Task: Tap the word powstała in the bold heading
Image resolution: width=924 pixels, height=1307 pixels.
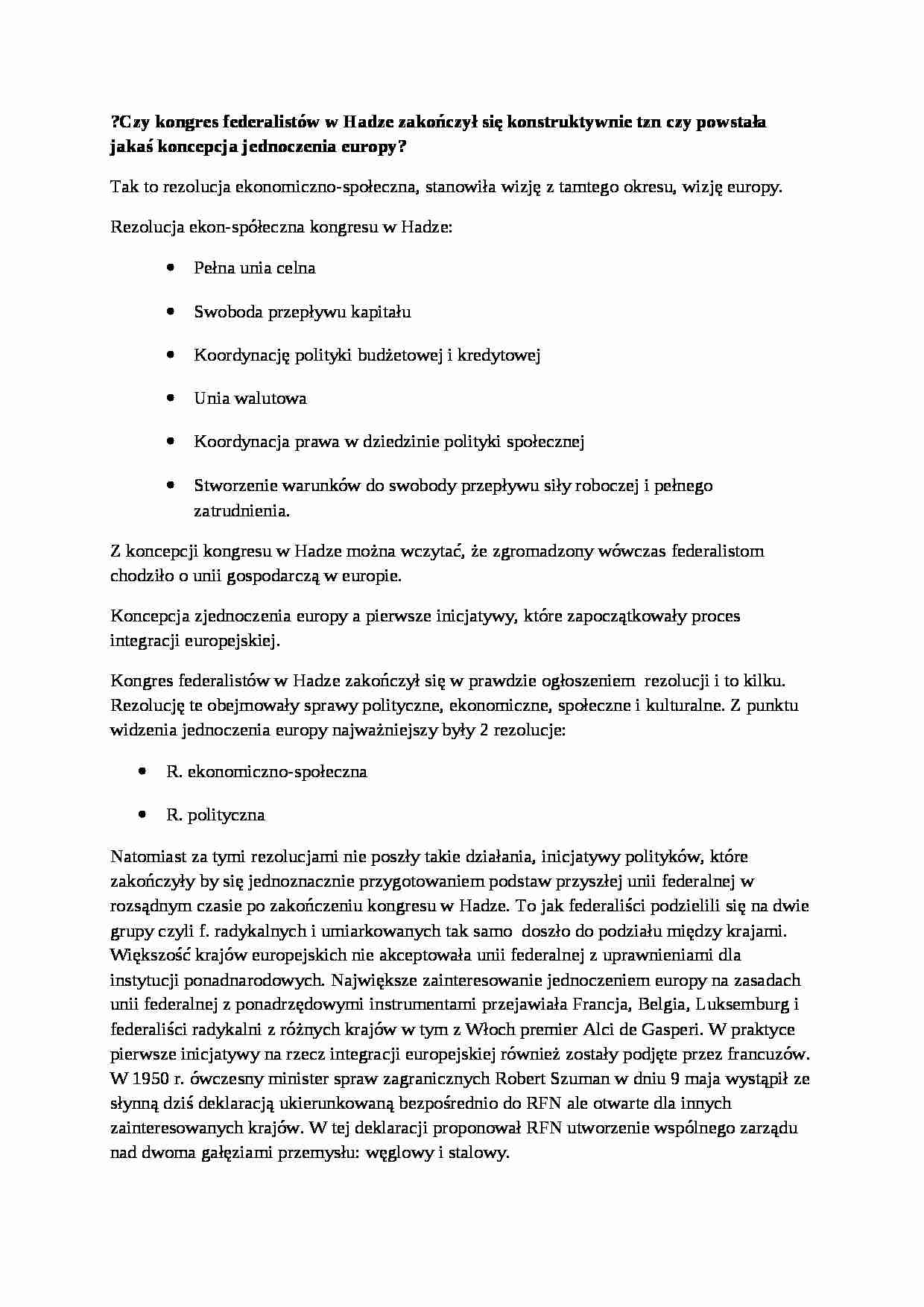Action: click(x=731, y=122)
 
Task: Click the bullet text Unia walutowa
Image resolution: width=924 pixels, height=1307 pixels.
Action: click(x=250, y=398)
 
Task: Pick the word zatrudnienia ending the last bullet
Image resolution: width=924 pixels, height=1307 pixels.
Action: click(x=240, y=511)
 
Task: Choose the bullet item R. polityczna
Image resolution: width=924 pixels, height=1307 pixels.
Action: click(x=215, y=814)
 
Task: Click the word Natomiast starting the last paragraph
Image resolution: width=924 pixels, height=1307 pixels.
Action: click(x=149, y=857)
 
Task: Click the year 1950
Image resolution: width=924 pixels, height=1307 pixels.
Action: click(x=156, y=1078)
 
